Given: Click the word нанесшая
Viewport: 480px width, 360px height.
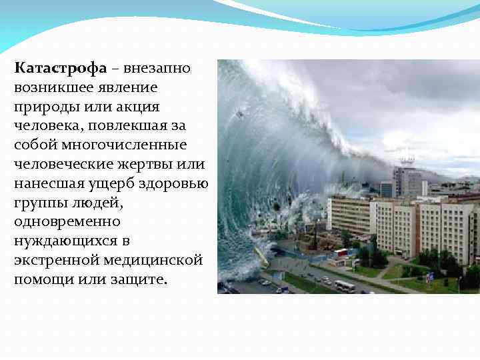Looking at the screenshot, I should click(x=47, y=183).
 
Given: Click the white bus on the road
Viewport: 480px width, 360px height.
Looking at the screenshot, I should click(x=344, y=286).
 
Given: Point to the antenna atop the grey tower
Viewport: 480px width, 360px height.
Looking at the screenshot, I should click(x=406, y=157).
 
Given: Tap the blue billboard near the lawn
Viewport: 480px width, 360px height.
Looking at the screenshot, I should click(x=429, y=276).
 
